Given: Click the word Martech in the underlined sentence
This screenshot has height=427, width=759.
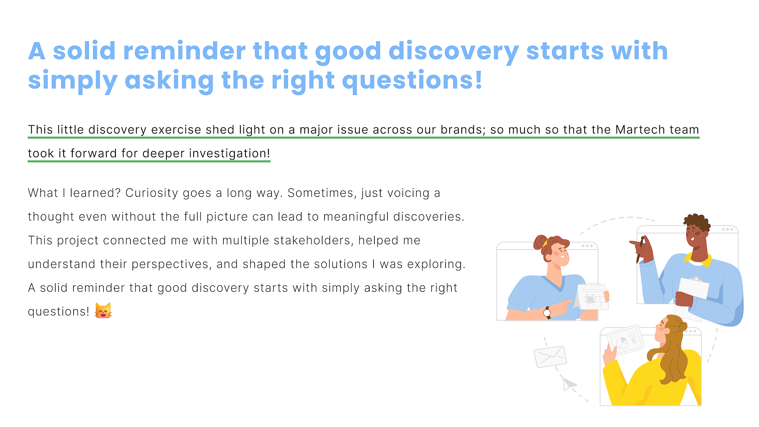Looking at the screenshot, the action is (635, 130).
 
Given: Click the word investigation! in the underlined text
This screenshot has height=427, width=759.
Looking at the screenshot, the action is (230, 154).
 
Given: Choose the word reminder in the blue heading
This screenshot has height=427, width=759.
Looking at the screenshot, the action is (184, 51).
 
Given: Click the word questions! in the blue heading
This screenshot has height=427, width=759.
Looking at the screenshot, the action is (412, 81).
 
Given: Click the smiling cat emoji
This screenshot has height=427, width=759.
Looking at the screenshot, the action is (103, 310).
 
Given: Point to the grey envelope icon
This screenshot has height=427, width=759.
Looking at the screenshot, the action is (550, 357).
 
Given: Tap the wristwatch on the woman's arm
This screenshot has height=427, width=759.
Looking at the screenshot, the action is (548, 313).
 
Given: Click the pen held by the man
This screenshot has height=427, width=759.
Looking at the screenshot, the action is (639, 250).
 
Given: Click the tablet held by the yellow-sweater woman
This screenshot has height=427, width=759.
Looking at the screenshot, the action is (626, 340).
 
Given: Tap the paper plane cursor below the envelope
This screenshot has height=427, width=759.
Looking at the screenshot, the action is (569, 384).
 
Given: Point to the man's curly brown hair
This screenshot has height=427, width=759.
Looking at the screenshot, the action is (697, 222).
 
